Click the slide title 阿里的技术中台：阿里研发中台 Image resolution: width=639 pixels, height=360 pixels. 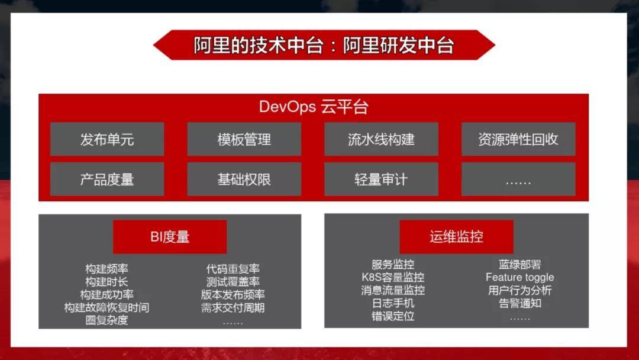pyautogui.click(x=324, y=46)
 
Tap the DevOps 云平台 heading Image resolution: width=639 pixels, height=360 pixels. pyautogui.click(x=314, y=107)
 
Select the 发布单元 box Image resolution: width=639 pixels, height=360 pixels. pyautogui.click(x=107, y=140)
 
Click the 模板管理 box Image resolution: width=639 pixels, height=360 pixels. pyautogui.click(x=244, y=140)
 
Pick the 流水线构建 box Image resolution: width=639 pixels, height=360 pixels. pyautogui.click(x=381, y=140)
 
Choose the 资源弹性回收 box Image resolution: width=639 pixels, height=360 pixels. pyautogui.click(x=518, y=140)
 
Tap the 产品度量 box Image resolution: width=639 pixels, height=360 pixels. pyautogui.click(x=107, y=179)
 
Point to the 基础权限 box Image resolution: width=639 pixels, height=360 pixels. pyautogui.click(x=244, y=179)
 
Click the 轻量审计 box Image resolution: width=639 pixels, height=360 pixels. pyautogui.click(x=381, y=179)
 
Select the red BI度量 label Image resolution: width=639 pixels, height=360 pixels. pyautogui.click(x=170, y=237)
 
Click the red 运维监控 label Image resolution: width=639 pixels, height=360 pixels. pyautogui.click(x=456, y=237)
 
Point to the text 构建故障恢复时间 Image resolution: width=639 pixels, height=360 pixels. pyautogui.click(x=106, y=308)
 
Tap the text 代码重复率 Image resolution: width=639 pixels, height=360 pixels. pyautogui.click(x=233, y=269)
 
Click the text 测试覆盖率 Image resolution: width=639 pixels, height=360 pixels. pyautogui.click(x=233, y=282)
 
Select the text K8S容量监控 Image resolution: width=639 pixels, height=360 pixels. pyautogui.click(x=393, y=277)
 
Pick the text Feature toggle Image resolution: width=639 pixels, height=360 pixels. pyautogui.click(x=519, y=277)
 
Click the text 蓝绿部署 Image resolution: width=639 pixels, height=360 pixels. pyautogui.click(x=519, y=264)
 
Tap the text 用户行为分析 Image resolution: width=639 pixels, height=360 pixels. pyautogui.click(x=519, y=290)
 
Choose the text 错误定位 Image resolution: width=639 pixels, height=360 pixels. pyautogui.click(x=393, y=316)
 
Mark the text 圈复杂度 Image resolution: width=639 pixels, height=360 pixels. pyautogui.click(x=106, y=320)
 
